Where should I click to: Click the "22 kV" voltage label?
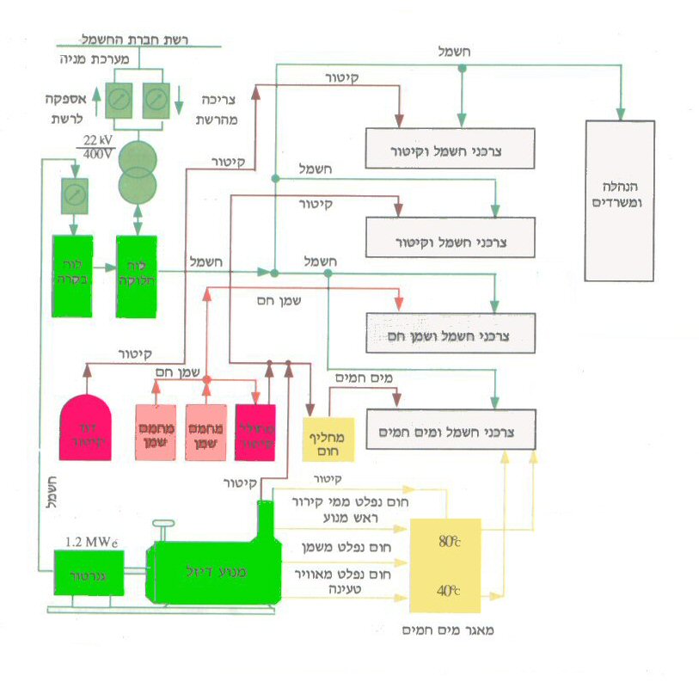coord(101,139)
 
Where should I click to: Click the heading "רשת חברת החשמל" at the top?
coord(138,38)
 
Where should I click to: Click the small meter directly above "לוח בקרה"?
coord(73,196)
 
